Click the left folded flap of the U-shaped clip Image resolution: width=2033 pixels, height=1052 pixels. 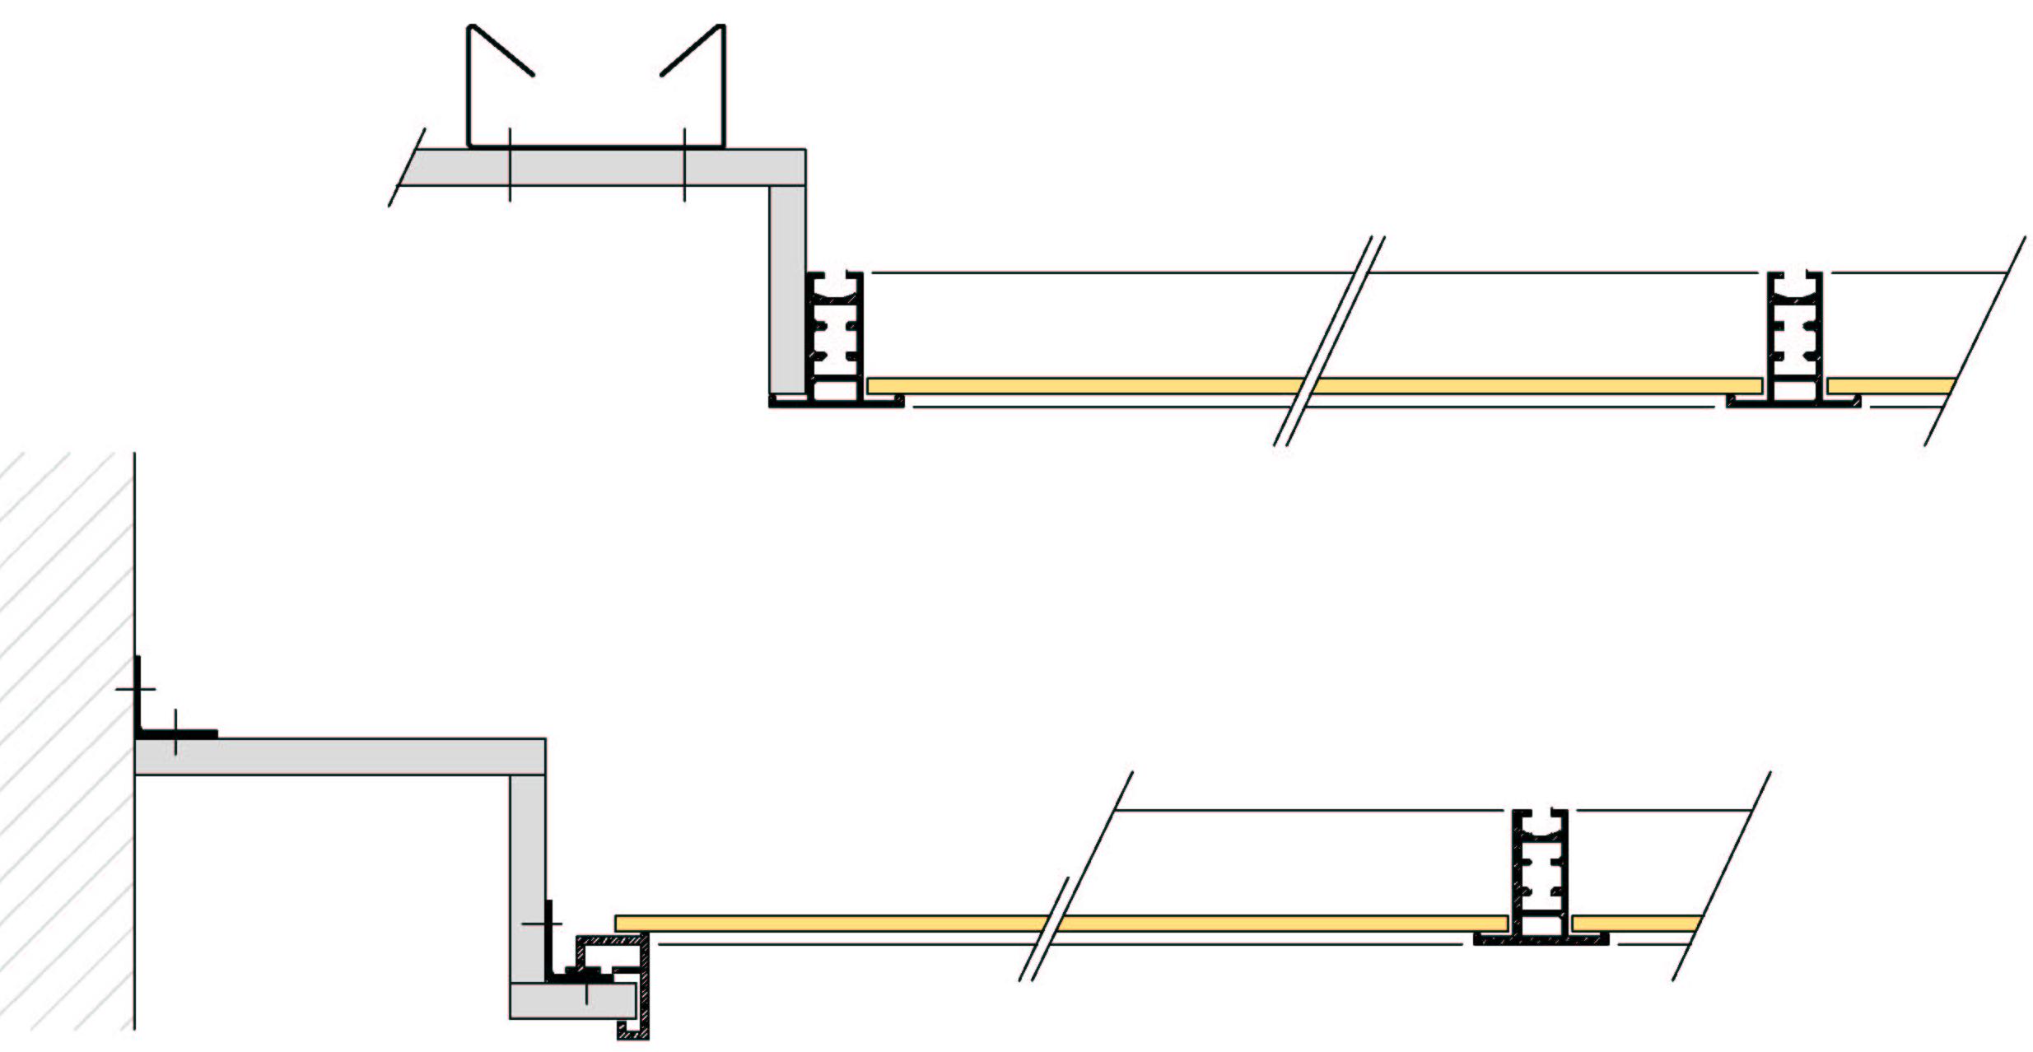pyautogui.click(x=501, y=50)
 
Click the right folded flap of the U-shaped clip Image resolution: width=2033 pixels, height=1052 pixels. pyautogui.click(x=692, y=50)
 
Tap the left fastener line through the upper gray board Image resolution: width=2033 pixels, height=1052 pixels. pyautogui.click(x=510, y=165)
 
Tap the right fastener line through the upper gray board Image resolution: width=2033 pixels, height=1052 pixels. pyautogui.click(x=684, y=165)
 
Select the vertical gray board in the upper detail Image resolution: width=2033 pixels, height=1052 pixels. pyautogui.click(x=787, y=288)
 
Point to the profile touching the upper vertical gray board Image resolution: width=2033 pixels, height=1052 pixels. pyautogui.click(x=834, y=337)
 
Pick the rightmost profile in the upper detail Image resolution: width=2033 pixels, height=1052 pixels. pyautogui.click(x=1794, y=337)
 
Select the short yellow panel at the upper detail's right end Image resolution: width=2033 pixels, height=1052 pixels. pyautogui.click(x=1890, y=385)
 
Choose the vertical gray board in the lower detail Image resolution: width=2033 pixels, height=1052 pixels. pyautogui.click(x=527, y=873)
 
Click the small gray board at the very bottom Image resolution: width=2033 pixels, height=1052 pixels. pyautogui.click(x=568, y=1000)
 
